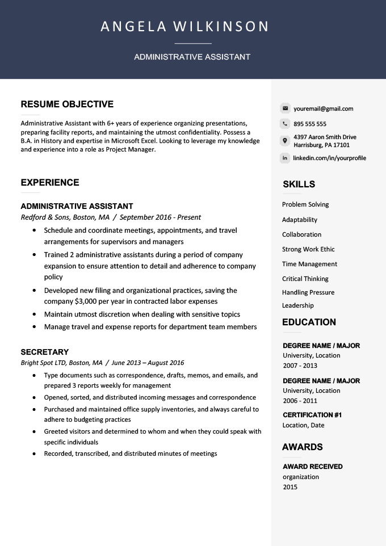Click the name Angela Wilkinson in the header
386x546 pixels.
coord(184,27)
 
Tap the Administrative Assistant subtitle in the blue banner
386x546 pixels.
coord(192,57)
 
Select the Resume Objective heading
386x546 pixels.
coord(67,104)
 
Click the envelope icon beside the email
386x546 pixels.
coord(285,108)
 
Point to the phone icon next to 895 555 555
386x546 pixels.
coord(285,124)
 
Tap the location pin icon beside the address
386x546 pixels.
coord(285,141)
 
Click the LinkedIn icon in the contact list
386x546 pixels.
coord(285,158)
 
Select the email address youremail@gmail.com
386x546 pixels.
coord(323,108)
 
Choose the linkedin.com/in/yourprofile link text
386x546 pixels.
coord(329,158)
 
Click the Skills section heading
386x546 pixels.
coord(299,184)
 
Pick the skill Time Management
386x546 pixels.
coord(309,264)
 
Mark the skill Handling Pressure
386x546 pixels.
coord(308,292)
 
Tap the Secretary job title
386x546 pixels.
coord(44,352)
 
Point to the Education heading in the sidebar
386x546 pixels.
coord(309,322)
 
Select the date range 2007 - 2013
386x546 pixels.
coord(300,366)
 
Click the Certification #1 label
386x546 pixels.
coord(312,415)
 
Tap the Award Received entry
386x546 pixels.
coord(312,467)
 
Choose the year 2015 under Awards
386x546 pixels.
coord(290,487)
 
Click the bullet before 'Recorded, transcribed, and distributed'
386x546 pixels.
coord(35,454)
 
